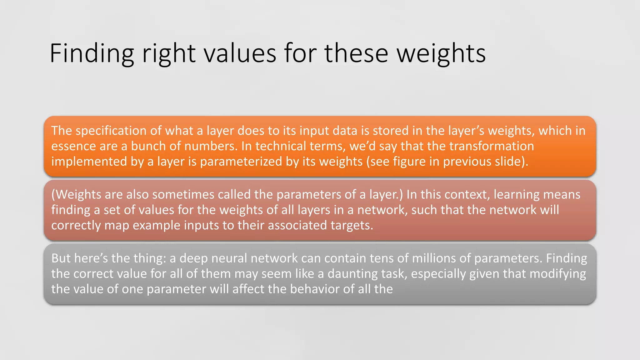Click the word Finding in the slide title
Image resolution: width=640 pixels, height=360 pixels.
click(x=92, y=54)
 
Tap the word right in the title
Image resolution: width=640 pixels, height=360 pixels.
click(x=169, y=54)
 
